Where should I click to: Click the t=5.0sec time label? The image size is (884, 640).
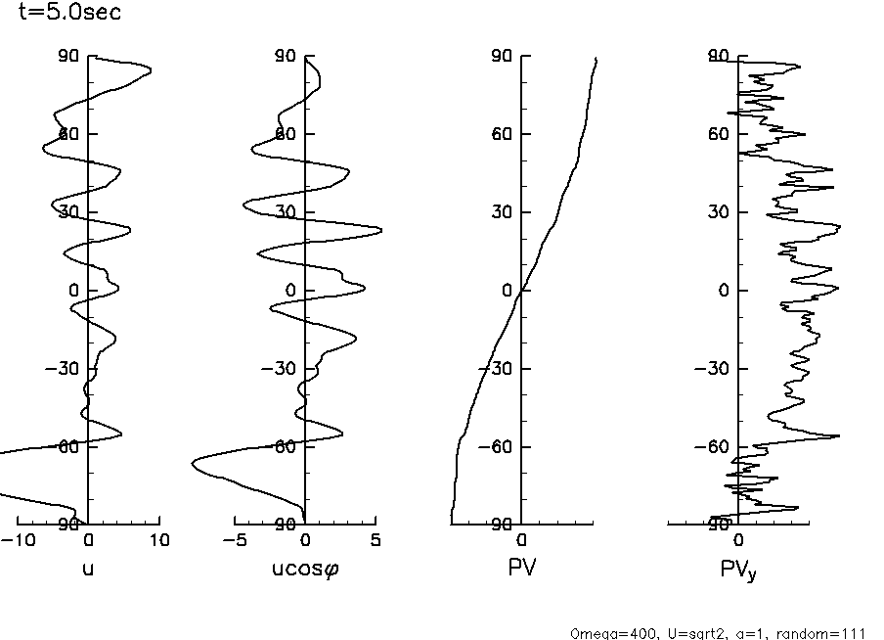coord(70,13)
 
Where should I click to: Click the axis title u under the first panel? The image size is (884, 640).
coord(88,565)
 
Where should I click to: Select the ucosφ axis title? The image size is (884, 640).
coord(304,566)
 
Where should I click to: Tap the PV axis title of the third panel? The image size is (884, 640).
coord(521,565)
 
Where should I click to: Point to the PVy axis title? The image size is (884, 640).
coord(739,568)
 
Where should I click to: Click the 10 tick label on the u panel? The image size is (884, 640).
coord(158,540)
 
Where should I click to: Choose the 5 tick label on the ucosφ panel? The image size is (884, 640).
coord(376,540)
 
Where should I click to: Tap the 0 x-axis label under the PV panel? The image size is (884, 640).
coord(521,540)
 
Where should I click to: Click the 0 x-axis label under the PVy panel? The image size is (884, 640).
coord(738,540)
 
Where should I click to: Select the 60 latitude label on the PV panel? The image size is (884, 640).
coord(501,134)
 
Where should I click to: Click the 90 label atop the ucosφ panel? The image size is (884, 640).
coord(285,56)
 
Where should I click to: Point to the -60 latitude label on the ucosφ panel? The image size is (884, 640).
coord(280,447)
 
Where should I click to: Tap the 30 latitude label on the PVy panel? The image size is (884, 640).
coord(718,212)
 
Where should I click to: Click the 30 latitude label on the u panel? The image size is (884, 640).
coord(67,212)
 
